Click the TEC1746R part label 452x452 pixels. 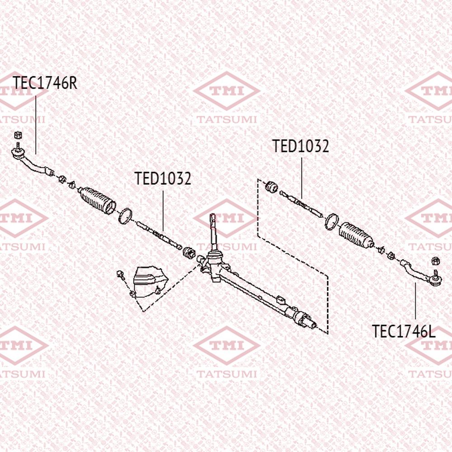[x=45, y=83]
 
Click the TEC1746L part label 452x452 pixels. [x=404, y=331]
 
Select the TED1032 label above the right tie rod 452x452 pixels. [x=301, y=146]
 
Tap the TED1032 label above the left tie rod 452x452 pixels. [x=163, y=179]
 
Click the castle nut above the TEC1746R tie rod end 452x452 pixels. [x=18, y=135]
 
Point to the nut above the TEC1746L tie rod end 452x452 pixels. [x=436, y=261]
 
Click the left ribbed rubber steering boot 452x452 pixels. [x=97, y=200]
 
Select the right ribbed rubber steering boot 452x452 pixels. [x=356, y=235]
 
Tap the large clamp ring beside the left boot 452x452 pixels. [x=125, y=216]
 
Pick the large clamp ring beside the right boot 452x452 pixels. [x=331, y=221]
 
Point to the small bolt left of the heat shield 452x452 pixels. [x=121, y=275]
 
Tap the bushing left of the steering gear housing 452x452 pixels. [x=189, y=253]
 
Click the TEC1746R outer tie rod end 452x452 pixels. [x=32, y=162]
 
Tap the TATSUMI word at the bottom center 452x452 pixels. [x=226, y=374]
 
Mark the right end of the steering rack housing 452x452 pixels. [x=315, y=325]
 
